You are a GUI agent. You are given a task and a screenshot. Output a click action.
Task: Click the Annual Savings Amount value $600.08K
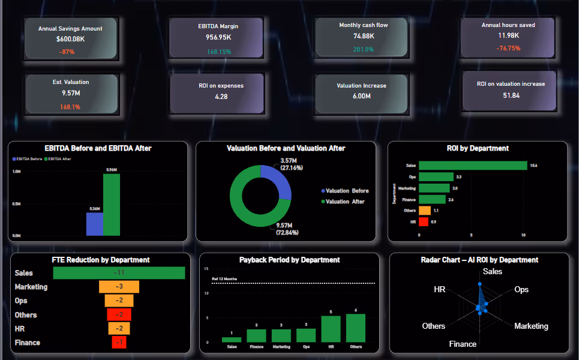pos(71,39)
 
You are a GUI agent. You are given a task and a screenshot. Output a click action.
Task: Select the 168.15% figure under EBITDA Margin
pos(219,52)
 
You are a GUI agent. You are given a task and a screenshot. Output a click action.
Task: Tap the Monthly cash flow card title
pos(363,25)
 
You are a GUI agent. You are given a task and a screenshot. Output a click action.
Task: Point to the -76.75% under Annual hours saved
pos(508,48)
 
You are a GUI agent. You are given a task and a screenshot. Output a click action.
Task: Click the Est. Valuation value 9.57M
pos(70,94)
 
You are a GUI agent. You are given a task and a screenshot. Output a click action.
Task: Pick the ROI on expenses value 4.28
pos(221,97)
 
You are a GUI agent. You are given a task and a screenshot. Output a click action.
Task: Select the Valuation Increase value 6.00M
pos(361,97)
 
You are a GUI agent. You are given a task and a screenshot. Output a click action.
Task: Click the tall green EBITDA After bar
pos(112,205)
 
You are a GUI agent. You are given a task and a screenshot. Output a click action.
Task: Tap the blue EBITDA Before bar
pos(94,224)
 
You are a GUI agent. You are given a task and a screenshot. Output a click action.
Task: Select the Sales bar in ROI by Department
pos(472,166)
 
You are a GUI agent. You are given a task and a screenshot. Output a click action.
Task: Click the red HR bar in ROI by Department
pos(423,222)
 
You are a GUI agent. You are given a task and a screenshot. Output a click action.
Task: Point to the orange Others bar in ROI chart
pos(424,211)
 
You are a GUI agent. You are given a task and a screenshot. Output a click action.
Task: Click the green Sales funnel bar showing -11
pos(119,273)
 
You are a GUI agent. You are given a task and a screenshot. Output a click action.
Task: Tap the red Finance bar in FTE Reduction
pos(119,343)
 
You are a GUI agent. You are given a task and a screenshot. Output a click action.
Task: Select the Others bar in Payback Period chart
pos(355,328)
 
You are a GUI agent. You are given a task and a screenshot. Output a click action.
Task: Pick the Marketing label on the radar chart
pos(531,326)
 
